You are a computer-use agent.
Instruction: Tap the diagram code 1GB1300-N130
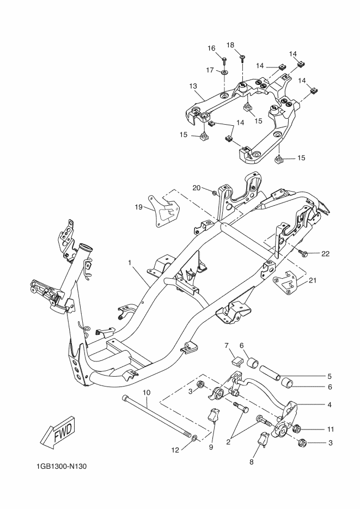point(62,467)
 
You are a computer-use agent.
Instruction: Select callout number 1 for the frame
point(130,262)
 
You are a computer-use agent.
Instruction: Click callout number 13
point(193,86)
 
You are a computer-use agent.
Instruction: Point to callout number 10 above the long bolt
point(147,393)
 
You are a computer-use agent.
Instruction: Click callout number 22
point(325,254)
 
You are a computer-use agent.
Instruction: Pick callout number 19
point(139,207)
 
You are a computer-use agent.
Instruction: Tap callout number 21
point(312,280)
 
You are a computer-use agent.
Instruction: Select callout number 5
point(330,377)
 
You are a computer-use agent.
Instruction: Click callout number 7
point(227,345)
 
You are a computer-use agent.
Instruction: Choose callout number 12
point(175,450)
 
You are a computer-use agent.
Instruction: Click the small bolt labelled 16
point(224,60)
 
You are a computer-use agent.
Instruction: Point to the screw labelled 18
point(243,58)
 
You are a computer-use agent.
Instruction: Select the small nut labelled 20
point(215,193)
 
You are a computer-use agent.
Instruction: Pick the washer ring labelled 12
point(194,439)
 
